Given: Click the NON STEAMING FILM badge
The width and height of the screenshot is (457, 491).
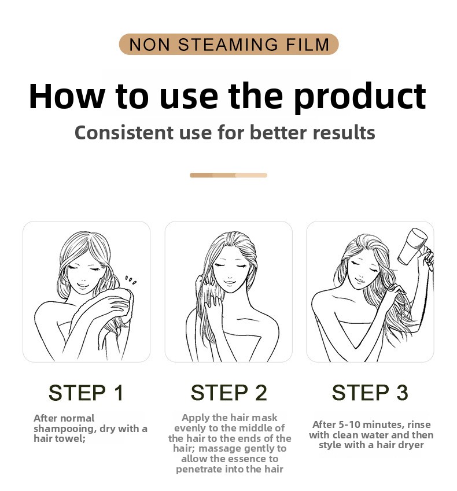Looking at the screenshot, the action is coord(228,44).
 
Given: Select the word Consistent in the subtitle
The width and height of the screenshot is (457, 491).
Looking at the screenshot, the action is coord(124,132).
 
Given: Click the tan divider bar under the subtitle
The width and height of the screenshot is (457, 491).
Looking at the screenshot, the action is coord(228,175).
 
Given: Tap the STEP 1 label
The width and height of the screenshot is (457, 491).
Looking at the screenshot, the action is coord(86,393).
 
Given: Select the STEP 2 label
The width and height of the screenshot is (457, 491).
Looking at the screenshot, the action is coord(228,393).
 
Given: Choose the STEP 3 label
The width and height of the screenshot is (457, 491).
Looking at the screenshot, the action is coord(370,393).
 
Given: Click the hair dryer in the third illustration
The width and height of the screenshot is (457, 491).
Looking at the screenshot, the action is coord(414,248).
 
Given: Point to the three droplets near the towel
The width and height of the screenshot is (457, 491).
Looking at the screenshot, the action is coord(131,280).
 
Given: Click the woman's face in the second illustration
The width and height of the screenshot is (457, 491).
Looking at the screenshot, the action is coord(231,273).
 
